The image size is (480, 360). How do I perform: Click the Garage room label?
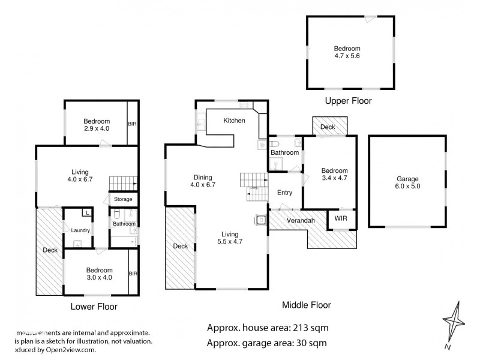(x=407, y=179)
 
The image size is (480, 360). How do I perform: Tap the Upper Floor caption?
(x=349, y=101)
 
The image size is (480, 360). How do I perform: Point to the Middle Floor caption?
(x=307, y=305)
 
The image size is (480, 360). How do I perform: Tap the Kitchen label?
(x=234, y=121)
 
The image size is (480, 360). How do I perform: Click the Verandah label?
(x=300, y=221)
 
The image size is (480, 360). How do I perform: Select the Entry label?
(x=284, y=193)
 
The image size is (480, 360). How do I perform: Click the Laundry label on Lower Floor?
(x=80, y=230)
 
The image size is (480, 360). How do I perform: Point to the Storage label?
(x=123, y=199)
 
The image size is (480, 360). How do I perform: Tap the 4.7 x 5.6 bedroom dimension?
(x=352, y=56)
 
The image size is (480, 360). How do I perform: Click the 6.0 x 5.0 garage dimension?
(x=407, y=187)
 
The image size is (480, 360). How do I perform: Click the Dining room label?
(x=203, y=177)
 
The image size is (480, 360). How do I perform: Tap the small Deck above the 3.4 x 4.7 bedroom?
(x=327, y=127)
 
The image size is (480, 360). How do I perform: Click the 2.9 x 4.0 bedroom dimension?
(x=97, y=128)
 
